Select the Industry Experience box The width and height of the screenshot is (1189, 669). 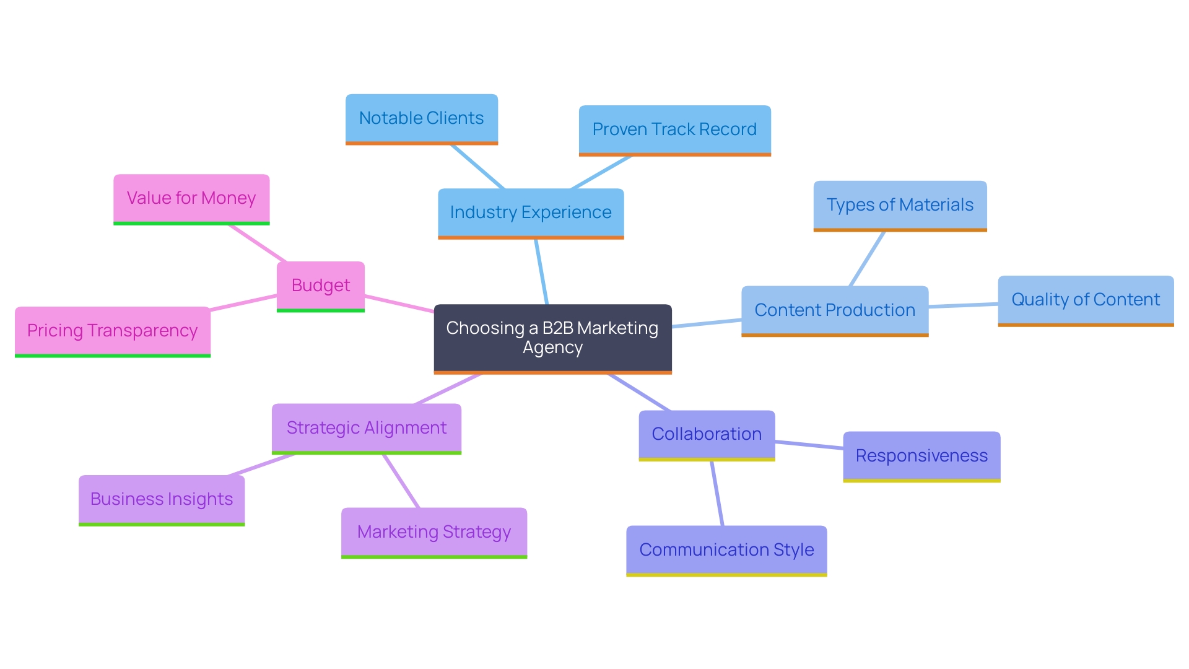(531, 212)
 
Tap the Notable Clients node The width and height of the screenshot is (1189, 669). (421, 118)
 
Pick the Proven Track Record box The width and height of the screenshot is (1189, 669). (674, 129)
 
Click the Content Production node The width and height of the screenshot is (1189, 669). (834, 310)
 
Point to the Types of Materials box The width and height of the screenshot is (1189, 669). (899, 205)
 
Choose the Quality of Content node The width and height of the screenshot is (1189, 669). (1085, 300)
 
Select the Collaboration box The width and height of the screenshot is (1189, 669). (707, 434)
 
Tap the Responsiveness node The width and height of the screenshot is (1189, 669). (921, 456)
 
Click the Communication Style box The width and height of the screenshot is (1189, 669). (726, 550)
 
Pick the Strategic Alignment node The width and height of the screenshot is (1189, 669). (366, 428)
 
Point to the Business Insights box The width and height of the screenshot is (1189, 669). (161, 499)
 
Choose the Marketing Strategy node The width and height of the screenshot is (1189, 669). (433, 532)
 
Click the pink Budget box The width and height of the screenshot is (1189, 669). (320, 286)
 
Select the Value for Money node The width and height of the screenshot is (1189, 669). (191, 198)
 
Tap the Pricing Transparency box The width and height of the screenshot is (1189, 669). (112, 331)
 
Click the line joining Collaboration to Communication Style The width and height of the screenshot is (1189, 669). (717, 494)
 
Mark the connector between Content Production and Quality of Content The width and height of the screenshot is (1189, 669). (963, 305)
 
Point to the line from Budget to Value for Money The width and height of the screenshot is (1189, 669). (257, 243)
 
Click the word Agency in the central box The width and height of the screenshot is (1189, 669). (552, 348)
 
